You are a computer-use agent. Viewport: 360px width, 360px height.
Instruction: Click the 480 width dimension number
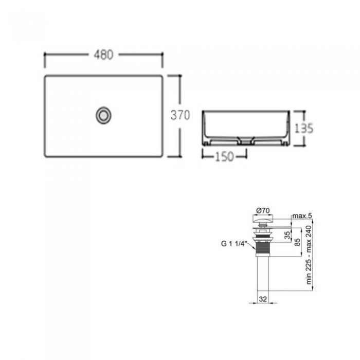(103, 55)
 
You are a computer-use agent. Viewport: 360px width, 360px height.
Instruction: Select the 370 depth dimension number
(180, 115)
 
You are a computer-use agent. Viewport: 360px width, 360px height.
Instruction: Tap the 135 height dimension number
(303, 128)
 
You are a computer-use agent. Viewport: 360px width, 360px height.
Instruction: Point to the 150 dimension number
(224, 156)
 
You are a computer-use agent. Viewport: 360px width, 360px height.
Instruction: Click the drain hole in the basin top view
(103, 115)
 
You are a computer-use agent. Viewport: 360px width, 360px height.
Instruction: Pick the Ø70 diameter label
(263, 210)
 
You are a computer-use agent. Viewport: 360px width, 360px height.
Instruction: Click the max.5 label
(302, 216)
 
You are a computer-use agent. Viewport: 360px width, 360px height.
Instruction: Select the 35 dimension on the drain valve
(287, 235)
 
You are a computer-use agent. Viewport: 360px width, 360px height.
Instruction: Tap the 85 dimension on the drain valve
(297, 242)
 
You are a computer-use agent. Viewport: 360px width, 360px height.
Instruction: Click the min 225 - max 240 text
(309, 255)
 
